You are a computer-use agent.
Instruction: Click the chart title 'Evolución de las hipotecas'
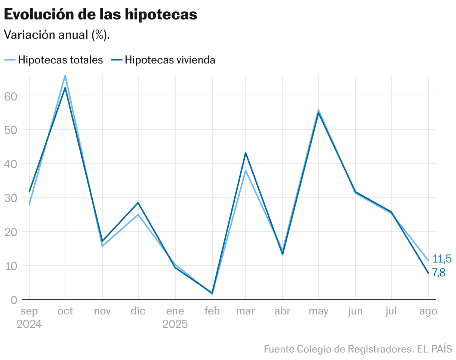100,15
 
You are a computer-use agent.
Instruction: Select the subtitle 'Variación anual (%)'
56,35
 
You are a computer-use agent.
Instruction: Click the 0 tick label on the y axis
14,300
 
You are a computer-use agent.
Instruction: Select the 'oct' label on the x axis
65,311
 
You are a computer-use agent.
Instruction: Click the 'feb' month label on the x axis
212,311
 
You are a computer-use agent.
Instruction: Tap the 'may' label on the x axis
318,311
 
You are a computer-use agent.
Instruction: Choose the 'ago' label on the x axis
428,311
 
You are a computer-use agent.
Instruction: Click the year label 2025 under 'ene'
175,324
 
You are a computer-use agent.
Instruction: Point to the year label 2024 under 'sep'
29,324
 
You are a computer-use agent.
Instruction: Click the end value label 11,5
442,258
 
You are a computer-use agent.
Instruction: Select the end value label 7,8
439,273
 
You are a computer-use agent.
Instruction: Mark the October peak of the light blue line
65,76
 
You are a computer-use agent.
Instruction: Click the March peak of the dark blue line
246,153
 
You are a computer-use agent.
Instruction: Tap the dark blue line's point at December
138,203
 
